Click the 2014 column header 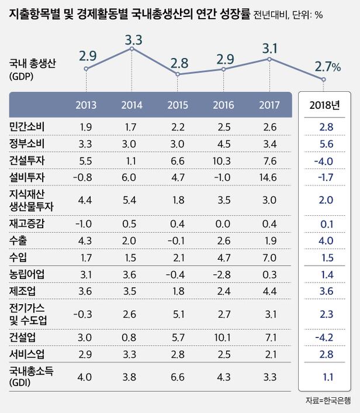[131, 106]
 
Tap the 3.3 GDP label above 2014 [134, 40]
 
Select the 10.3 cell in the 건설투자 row [224, 160]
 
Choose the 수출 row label [18, 240]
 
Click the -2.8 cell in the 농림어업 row [224, 273]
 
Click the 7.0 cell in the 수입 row [269, 257]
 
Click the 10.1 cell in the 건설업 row [224, 338]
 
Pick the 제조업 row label [21, 290]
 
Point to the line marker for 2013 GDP [86, 69]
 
